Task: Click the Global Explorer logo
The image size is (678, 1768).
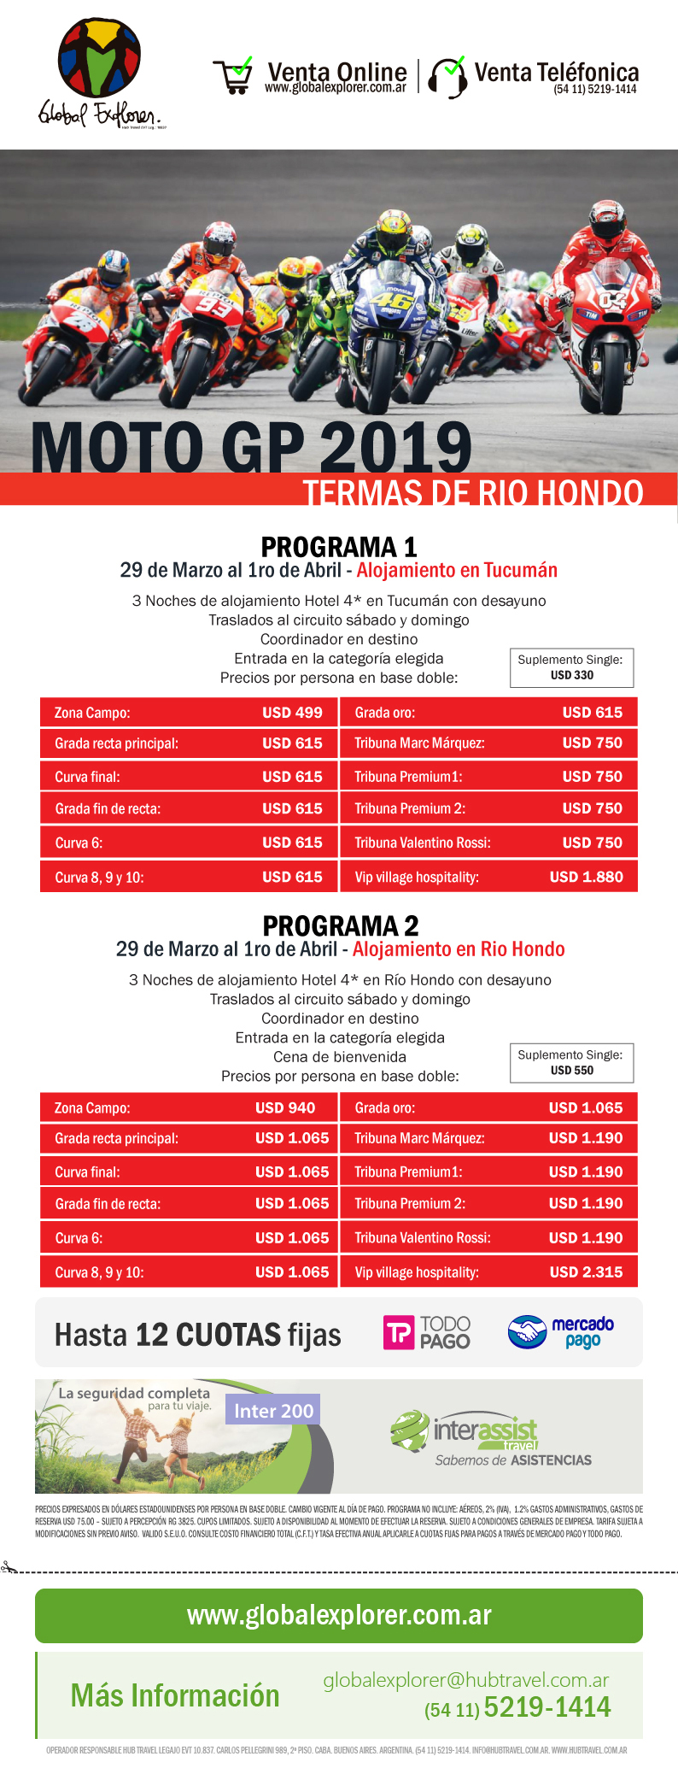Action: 100,73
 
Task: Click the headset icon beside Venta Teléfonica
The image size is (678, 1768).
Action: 447,77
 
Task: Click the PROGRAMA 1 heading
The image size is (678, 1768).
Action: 339,546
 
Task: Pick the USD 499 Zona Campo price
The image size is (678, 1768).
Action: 292,713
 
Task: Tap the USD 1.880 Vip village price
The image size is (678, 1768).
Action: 586,877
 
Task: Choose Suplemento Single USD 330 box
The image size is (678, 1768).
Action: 571,667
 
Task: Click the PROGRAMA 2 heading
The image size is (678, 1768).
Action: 340,925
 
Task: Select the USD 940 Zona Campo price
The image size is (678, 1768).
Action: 285,1107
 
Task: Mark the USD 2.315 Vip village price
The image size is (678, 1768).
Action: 586,1272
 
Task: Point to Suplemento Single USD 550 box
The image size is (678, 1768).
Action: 571,1062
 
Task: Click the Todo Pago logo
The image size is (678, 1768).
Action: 427,1332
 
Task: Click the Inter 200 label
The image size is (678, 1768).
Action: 273,1411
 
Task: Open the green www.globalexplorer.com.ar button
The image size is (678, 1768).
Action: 339,1615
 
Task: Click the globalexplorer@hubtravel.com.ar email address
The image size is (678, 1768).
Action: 466,1680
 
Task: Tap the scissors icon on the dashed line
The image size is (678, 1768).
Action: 9,1567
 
